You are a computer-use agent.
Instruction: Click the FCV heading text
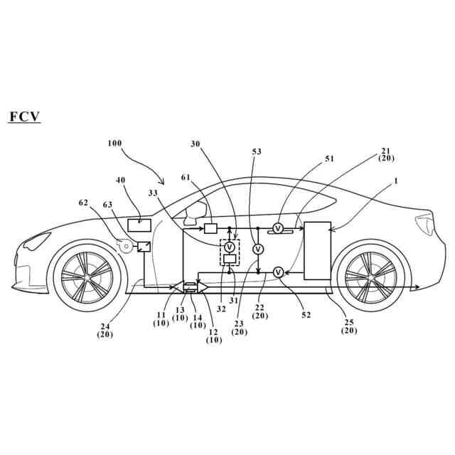(24, 117)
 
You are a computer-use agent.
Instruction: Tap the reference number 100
(114, 143)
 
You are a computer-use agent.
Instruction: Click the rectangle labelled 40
(139, 225)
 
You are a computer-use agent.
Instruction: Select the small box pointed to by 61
(211, 228)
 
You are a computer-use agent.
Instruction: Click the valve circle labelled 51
(279, 228)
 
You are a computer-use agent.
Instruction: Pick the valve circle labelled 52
(279, 272)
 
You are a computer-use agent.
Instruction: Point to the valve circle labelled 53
(259, 249)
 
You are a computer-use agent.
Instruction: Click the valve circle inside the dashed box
(230, 247)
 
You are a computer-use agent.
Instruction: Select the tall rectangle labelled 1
(317, 250)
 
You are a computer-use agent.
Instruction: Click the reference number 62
(84, 203)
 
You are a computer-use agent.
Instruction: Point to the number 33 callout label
(153, 192)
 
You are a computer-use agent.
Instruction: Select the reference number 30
(196, 144)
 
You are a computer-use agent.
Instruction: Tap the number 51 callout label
(329, 159)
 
